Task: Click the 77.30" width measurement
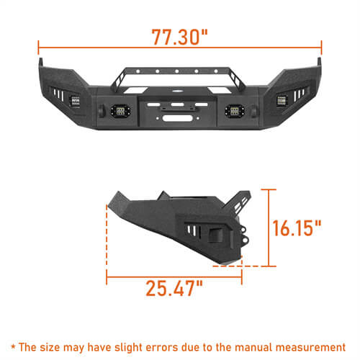180,35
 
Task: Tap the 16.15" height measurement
297,229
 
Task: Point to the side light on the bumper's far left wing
75,102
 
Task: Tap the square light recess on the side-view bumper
213,235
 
